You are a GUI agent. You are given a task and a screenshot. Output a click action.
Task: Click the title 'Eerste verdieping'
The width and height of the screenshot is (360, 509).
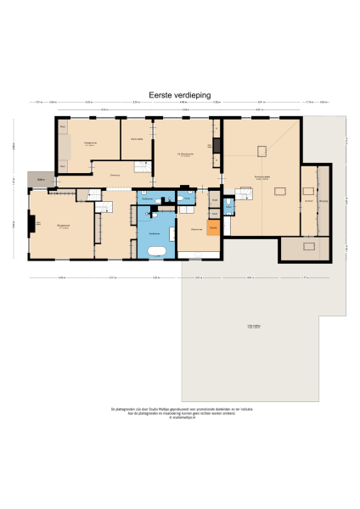click(x=179, y=96)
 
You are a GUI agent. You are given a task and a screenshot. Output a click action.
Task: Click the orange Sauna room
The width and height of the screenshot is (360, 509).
click(x=214, y=227)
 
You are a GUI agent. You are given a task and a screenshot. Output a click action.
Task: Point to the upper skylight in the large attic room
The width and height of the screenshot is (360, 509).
click(x=263, y=151)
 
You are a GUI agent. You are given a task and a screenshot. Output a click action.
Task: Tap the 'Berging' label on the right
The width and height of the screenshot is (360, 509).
click(x=323, y=202)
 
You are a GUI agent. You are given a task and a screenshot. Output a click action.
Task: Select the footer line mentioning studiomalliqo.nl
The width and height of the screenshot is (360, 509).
click(x=180, y=418)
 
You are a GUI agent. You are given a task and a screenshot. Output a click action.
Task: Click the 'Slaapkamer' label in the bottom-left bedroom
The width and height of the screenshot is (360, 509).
click(x=62, y=225)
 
